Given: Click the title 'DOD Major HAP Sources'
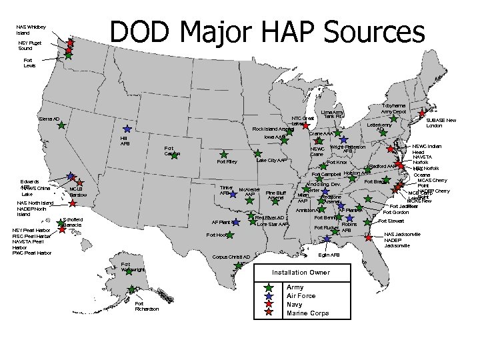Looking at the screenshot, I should (267, 32).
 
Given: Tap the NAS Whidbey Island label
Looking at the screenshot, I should (31, 29).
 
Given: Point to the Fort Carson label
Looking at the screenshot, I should (172, 151).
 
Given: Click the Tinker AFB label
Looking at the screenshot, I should (226, 190).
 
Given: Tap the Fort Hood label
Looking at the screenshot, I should (217, 235).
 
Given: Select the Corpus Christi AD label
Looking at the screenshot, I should (231, 257).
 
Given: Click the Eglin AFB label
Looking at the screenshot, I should (329, 255).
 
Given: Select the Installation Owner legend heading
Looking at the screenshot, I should (301, 273).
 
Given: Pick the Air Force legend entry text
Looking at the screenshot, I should (301, 295).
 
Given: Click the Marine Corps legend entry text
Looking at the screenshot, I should (307, 313).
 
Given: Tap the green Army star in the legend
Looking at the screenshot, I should (268, 287).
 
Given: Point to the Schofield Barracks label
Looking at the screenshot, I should (73, 222).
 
